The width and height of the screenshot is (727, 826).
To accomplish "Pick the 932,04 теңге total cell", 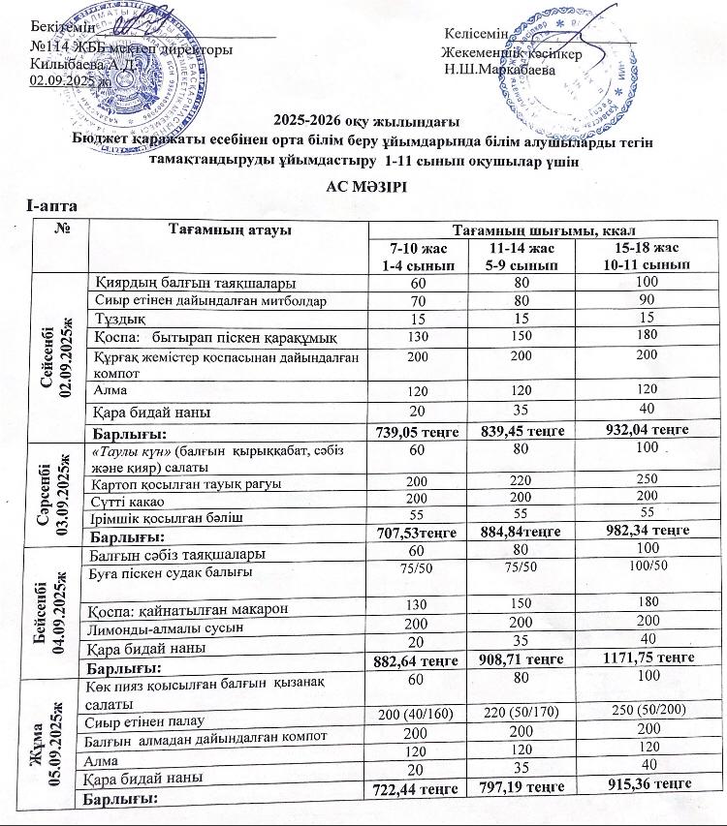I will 633,429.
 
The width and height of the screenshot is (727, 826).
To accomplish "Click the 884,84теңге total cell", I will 523,531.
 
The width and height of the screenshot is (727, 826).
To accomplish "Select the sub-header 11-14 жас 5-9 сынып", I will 523,257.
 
